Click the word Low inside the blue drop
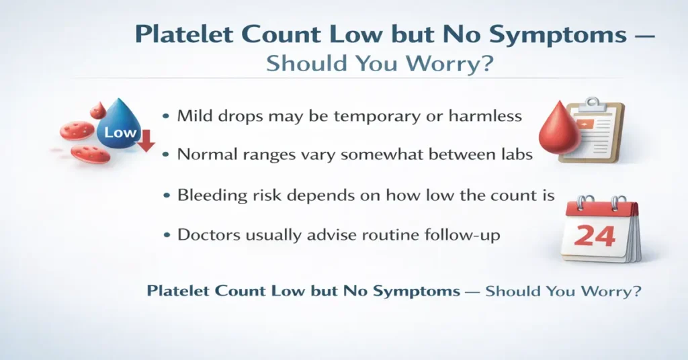click(120, 132)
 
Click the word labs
click(515, 154)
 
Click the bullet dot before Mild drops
click(165, 116)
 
